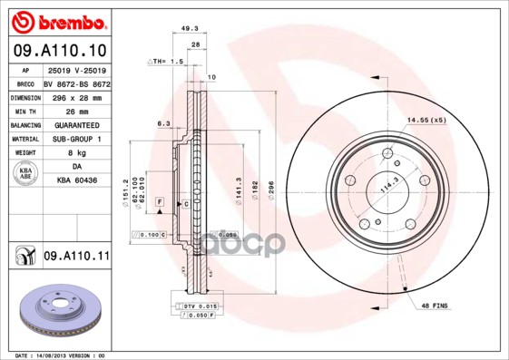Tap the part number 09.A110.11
pyautogui.click(x=76, y=257)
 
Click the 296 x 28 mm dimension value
pyautogui.click(x=75, y=95)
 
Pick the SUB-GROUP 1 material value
pyautogui.click(x=77, y=139)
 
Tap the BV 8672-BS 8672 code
pyautogui.click(x=76, y=82)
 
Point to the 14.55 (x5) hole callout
pyautogui.click(x=426, y=120)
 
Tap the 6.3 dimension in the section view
pyautogui.click(x=163, y=122)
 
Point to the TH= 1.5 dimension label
pyautogui.click(x=166, y=61)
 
